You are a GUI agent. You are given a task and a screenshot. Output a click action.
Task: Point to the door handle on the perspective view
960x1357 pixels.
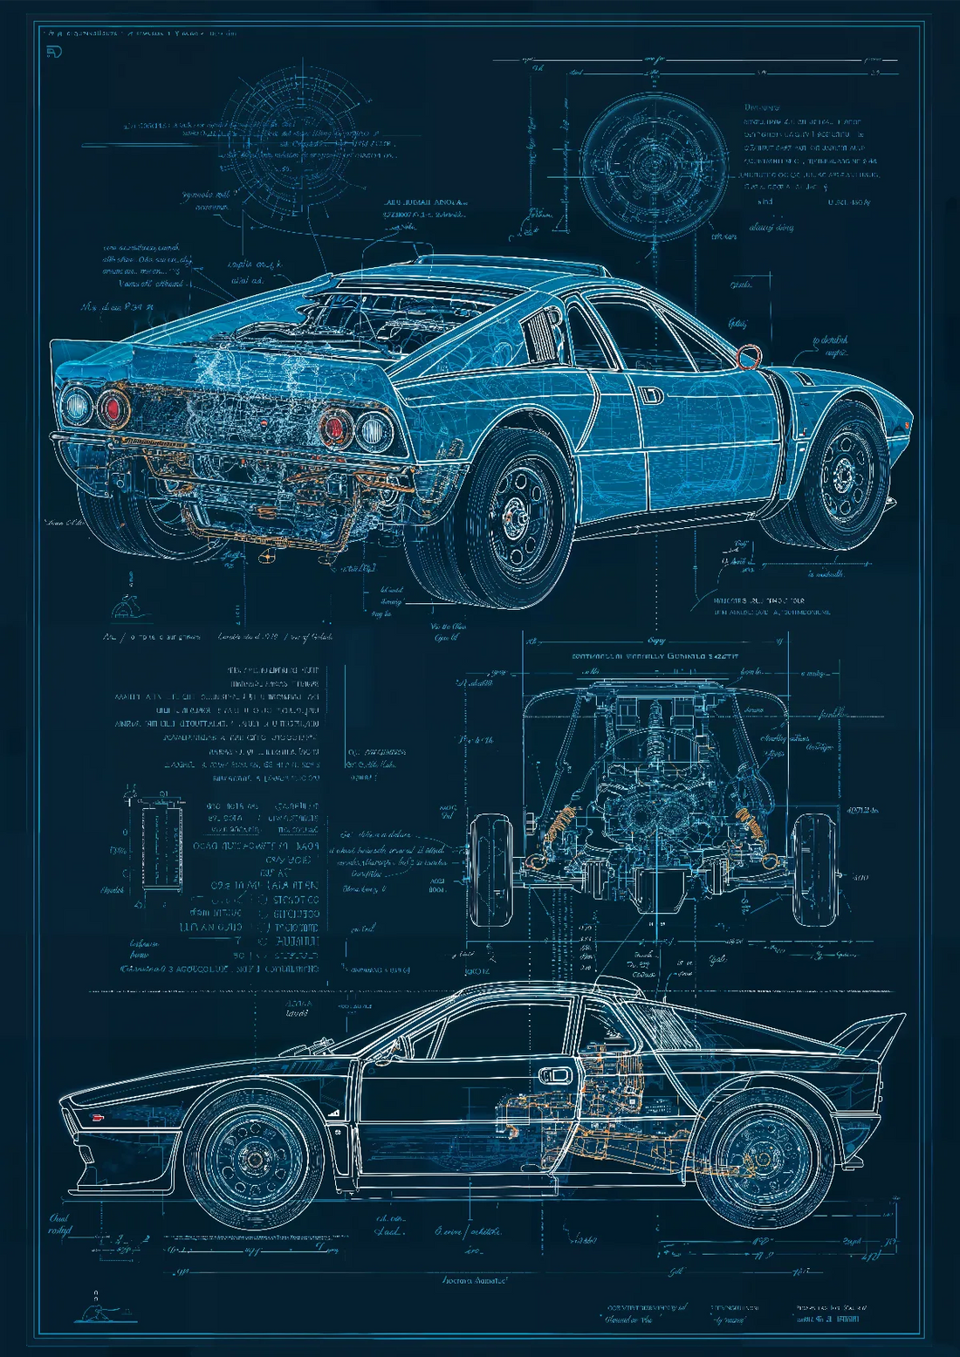tap(650, 394)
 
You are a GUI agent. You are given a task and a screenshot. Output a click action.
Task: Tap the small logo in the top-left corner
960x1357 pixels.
tap(54, 53)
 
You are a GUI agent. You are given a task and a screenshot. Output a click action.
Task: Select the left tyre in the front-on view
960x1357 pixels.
tap(490, 870)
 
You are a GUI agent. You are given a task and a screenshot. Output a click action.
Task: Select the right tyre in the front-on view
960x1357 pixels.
tap(813, 870)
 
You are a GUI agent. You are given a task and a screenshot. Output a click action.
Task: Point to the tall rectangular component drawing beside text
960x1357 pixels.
tap(162, 846)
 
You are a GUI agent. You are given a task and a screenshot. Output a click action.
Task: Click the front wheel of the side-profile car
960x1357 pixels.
tap(254, 1157)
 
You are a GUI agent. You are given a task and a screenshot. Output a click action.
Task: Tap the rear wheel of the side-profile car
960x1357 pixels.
tap(763, 1159)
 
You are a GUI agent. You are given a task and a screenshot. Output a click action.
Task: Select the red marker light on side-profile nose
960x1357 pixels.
tap(97, 1118)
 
